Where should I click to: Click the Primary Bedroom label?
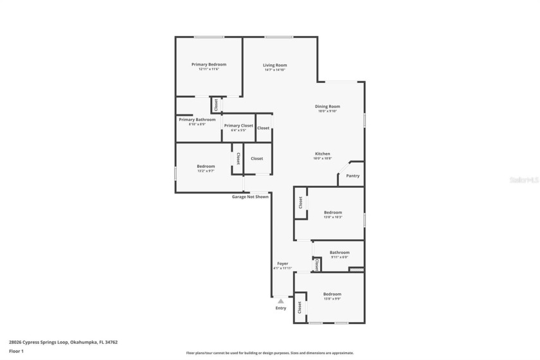[208, 64]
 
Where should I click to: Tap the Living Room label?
[274, 65]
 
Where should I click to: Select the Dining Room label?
[327, 106]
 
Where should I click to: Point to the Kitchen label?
[322, 154]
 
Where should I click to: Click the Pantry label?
[353, 175]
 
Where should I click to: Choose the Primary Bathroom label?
[197, 120]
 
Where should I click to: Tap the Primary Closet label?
[239, 125]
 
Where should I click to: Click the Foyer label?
[282, 264]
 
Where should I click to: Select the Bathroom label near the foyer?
[339, 253]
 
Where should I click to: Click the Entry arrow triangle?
[281, 300]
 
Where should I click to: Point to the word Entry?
[281, 308]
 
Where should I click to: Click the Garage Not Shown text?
[250, 197]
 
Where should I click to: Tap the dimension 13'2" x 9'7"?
[206, 171]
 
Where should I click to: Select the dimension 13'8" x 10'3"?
[333, 217]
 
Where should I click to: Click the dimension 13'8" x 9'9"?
[332, 299]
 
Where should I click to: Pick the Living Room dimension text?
[274, 70]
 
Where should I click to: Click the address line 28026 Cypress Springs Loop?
[63, 342]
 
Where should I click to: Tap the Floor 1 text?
[16, 351]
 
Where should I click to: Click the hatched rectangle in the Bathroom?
[356, 269]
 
